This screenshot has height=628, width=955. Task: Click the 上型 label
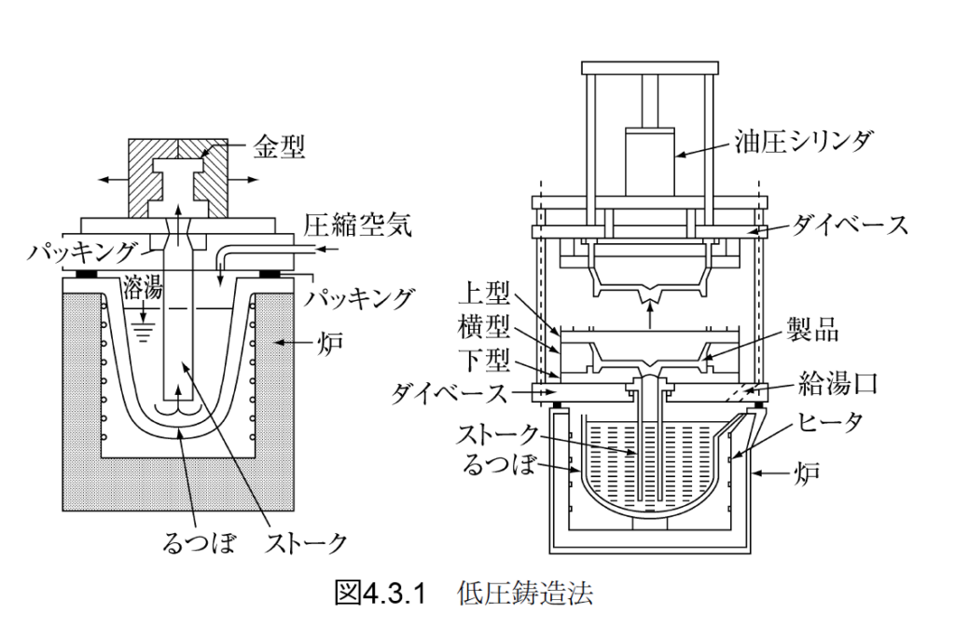coord(485,295)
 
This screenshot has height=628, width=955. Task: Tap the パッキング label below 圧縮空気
coord(358,298)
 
